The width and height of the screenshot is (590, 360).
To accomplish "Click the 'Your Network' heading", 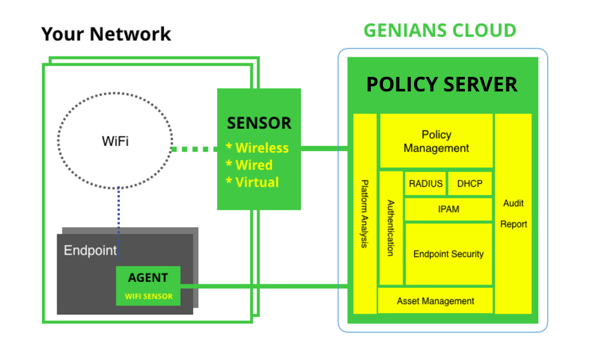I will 106,34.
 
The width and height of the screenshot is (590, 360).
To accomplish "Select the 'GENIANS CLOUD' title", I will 439,30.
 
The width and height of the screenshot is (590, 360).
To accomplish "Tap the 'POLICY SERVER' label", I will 441,84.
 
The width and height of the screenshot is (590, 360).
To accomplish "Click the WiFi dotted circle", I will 115,141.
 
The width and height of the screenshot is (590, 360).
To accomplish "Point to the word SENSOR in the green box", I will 259,123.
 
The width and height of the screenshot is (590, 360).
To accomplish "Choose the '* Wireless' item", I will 257,148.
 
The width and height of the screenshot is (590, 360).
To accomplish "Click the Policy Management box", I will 436,142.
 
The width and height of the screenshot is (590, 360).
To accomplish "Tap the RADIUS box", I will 426,184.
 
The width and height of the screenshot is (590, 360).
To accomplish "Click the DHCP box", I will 470,184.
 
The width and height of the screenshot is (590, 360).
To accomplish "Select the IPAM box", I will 448,209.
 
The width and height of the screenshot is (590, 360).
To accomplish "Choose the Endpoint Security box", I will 448,254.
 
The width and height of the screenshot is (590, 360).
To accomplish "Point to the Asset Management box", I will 436,301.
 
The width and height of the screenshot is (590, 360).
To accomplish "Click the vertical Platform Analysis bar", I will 365,214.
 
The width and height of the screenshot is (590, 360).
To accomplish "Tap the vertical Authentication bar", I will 391,228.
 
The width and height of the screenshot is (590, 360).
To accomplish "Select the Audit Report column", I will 513,213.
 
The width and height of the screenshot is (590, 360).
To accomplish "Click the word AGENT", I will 148,278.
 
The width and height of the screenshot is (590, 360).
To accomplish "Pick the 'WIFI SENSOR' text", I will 149,296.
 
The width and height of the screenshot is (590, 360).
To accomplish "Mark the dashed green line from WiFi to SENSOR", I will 194,149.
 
